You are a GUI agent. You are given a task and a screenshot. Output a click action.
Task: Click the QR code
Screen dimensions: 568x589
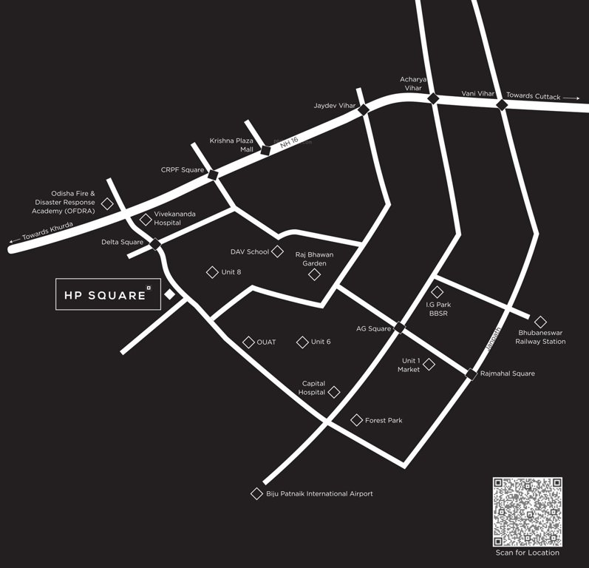tap(527, 511)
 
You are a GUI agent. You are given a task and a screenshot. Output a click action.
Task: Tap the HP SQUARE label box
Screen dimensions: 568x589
tap(107, 295)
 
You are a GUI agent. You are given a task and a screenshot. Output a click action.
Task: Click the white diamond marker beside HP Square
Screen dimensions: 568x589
tap(169, 294)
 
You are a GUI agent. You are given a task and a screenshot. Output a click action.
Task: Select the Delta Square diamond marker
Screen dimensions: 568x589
tap(155, 243)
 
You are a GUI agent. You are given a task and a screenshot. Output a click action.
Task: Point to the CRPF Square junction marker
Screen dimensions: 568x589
tap(213, 175)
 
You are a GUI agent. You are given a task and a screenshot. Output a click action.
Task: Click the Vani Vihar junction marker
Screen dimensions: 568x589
tap(502, 104)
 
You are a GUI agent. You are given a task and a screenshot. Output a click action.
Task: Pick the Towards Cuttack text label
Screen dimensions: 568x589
tap(533, 96)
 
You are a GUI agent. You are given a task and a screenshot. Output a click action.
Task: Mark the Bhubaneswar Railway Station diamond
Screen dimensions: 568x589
tap(540, 322)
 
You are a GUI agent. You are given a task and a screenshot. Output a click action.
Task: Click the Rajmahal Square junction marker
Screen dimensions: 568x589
tap(471, 374)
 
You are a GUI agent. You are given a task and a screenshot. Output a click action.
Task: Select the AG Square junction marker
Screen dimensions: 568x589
tap(400, 327)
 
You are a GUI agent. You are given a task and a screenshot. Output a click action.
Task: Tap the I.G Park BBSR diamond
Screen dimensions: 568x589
tap(438, 292)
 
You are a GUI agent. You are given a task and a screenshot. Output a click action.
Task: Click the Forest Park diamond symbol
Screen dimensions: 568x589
tap(357, 420)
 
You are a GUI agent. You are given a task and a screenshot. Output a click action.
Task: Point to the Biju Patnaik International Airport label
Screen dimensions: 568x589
tap(319, 493)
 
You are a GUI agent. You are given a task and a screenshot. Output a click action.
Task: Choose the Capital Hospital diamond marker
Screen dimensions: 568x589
tap(334, 392)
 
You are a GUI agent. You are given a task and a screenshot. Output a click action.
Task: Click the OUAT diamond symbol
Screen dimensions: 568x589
tap(248, 342)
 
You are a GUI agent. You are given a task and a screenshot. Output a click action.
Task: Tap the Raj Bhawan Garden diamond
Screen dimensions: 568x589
tap(315, 274)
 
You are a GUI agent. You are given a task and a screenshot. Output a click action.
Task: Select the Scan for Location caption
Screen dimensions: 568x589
tap(527, 552)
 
